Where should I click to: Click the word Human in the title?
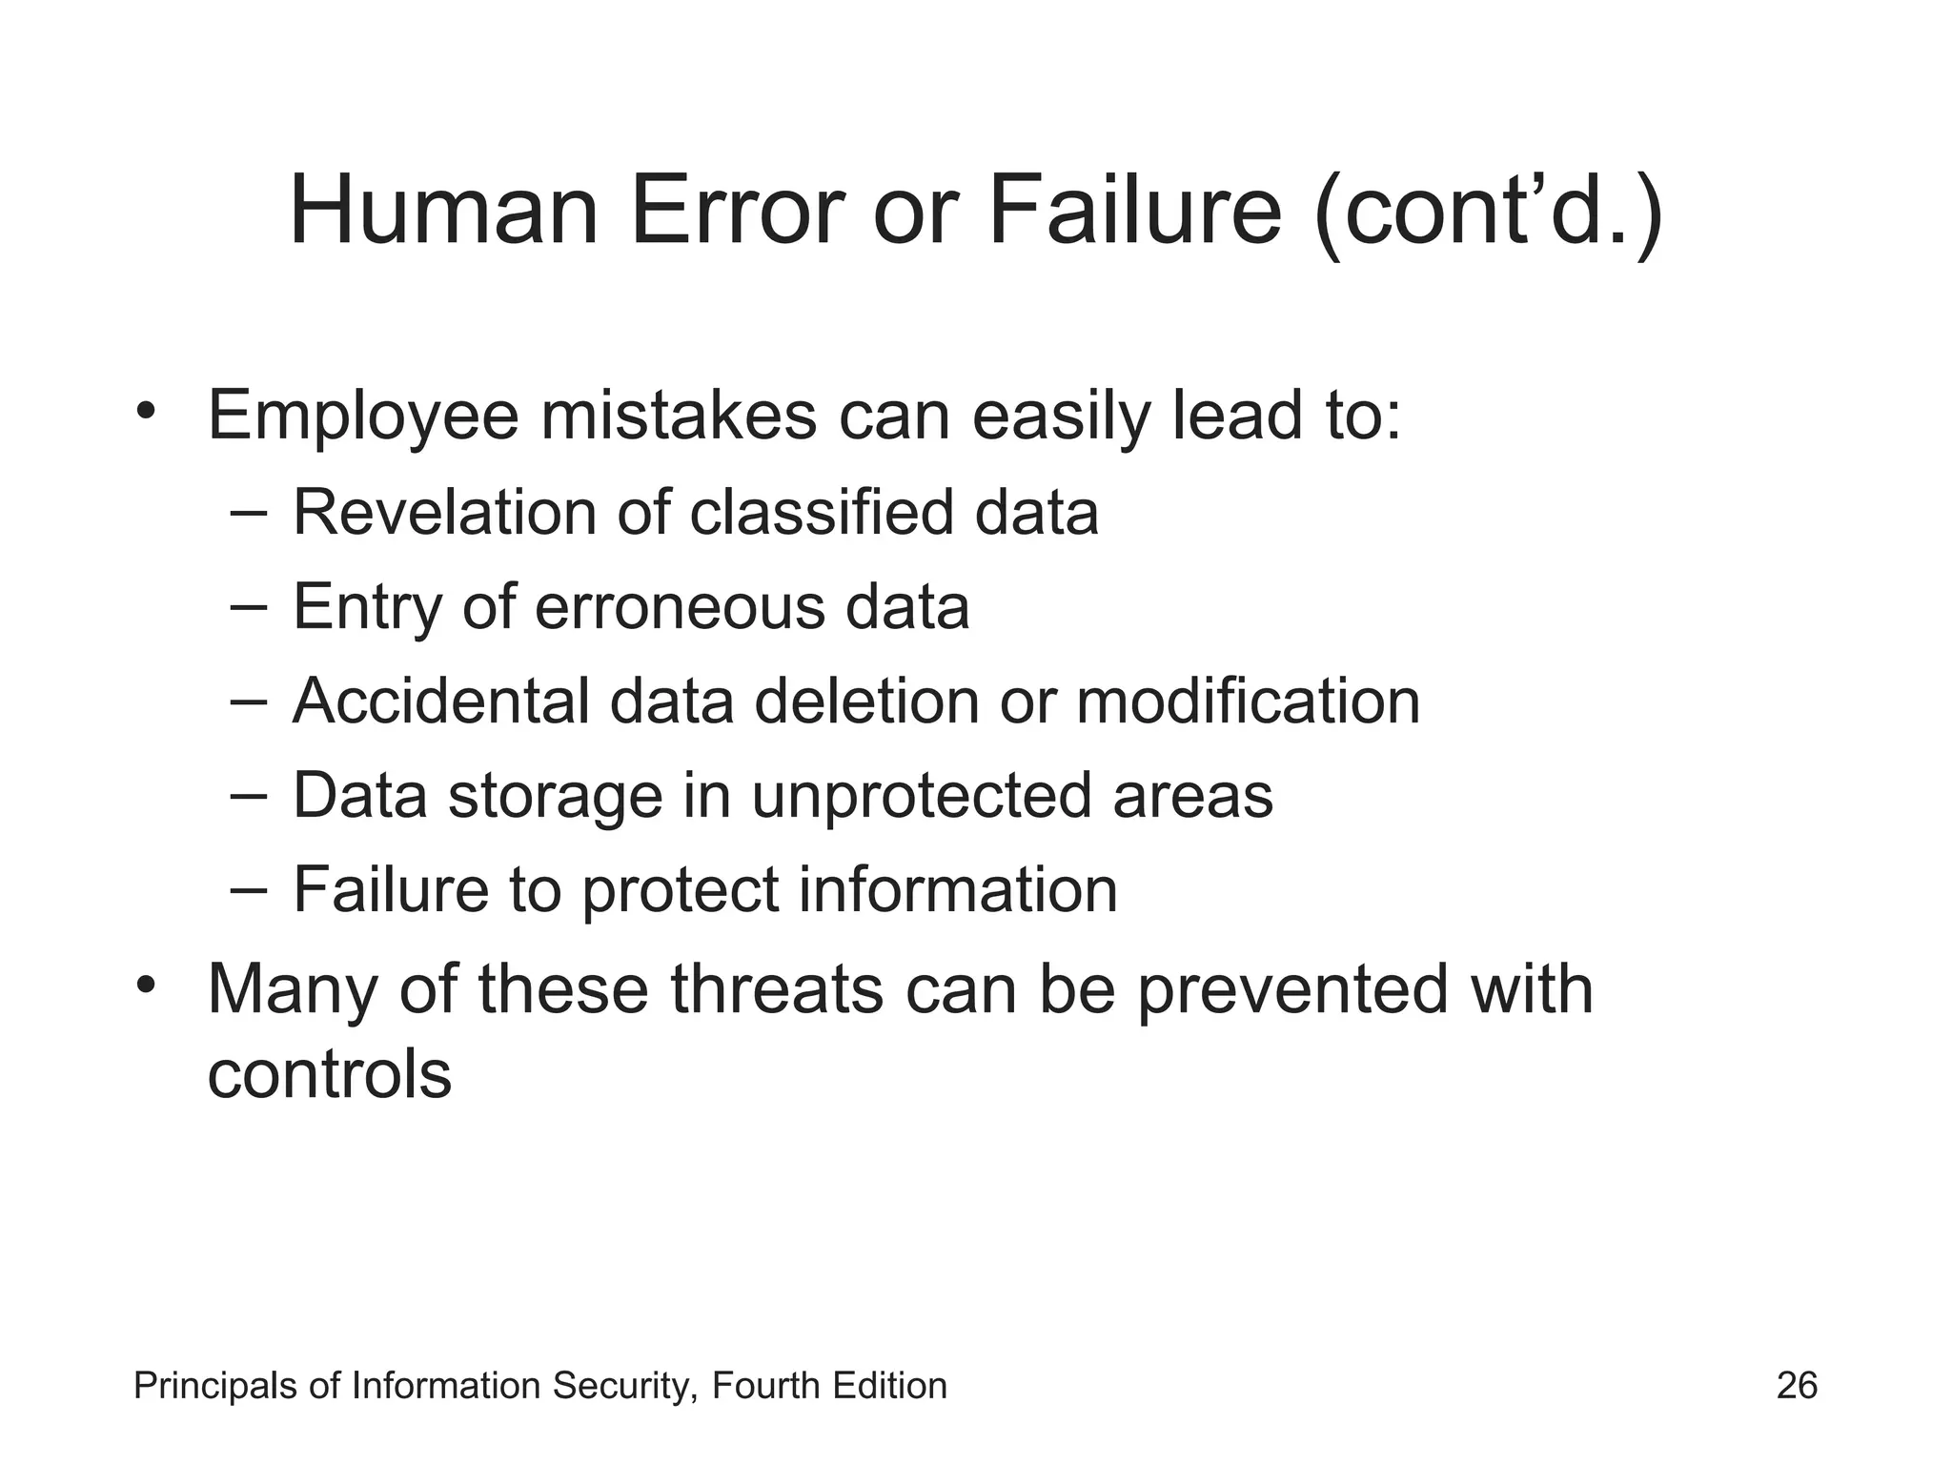pos(443,211)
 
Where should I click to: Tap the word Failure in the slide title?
pos(1135,211)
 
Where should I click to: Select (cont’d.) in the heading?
pos(1488,214)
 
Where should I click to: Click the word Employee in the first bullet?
pos(363,417)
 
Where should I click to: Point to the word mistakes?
pos(679,416)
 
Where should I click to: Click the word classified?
pos(821,513)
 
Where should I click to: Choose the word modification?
pos(1248,701)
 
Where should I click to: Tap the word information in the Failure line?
pos(957,890)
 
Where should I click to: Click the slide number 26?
pos(1797,1386)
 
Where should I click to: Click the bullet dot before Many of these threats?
pos(145,983)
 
